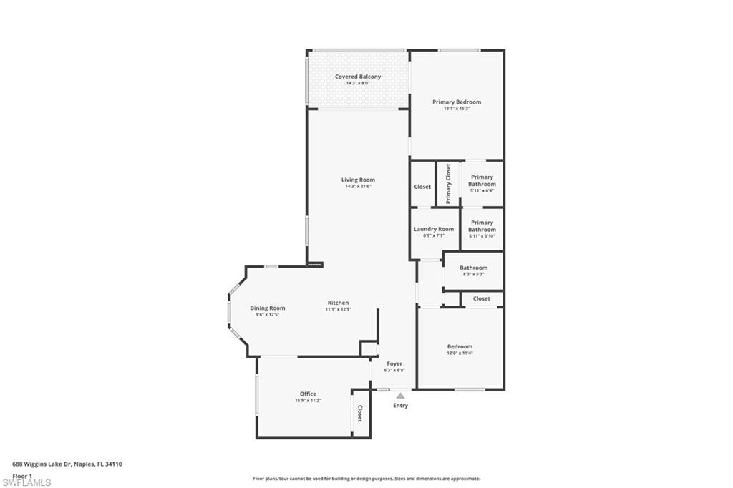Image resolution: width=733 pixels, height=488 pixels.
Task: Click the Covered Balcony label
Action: [358, 77]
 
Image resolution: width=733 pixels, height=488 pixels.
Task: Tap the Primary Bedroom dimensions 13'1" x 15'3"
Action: [457, 109]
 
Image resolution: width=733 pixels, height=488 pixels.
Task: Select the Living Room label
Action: [358, 180]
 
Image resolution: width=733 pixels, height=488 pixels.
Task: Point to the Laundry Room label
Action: [434, 229]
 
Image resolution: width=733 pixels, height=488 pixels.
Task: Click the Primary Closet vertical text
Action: [448, 184]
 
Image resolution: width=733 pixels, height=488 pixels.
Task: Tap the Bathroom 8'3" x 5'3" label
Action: [473, 268]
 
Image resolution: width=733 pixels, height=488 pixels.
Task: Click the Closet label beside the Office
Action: [360, 414]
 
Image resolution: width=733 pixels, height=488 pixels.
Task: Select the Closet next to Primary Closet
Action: [422, 187]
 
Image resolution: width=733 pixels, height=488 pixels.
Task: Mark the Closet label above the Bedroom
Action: [482, 298]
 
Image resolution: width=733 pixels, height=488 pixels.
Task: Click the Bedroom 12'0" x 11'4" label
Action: [460, 346]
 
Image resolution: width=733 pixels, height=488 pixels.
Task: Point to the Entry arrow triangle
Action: [400, 395]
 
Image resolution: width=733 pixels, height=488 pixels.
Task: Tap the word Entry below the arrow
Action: [400, 406]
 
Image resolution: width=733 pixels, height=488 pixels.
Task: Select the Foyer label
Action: [394, 363]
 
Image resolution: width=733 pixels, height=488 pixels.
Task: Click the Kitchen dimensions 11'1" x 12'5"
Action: [338, 309]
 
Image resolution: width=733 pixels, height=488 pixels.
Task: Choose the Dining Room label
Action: [268, 308]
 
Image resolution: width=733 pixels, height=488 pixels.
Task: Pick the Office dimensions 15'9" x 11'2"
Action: [308, 401]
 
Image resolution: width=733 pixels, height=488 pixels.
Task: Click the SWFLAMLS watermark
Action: [26, 482]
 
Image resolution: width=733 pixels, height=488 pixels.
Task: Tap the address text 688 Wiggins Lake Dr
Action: [49, 464]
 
